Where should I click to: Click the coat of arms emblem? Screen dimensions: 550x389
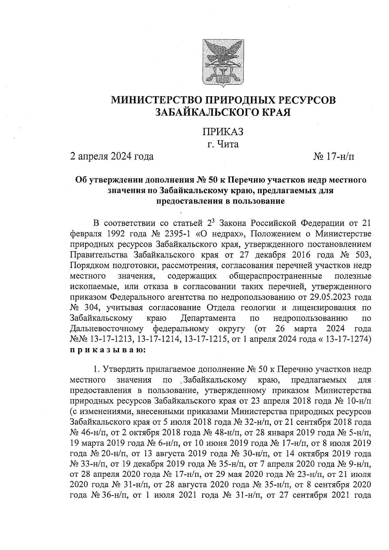pos(223,63)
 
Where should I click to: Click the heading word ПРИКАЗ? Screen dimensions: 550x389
pos(223,131)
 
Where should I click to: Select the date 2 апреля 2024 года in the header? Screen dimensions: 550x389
pos(112,157)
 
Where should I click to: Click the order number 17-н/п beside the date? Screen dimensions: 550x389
pos(340,157)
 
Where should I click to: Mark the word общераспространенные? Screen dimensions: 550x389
pos(276,276)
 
